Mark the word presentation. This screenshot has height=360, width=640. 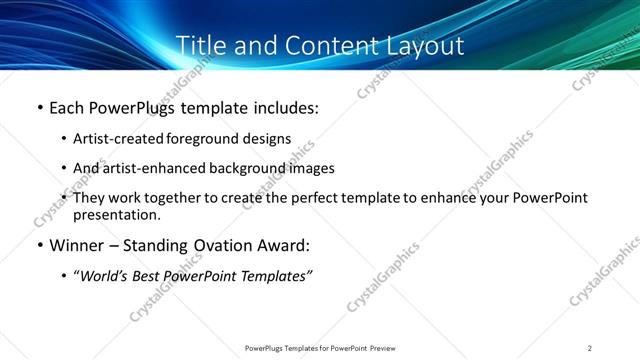[x=116, y=215]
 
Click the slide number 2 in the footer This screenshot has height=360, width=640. [x=590, y=347]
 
